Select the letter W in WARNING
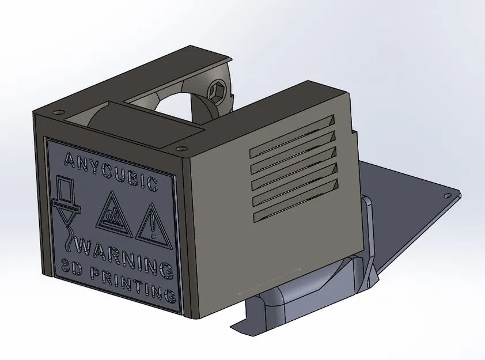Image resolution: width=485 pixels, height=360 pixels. click(83, 247)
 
